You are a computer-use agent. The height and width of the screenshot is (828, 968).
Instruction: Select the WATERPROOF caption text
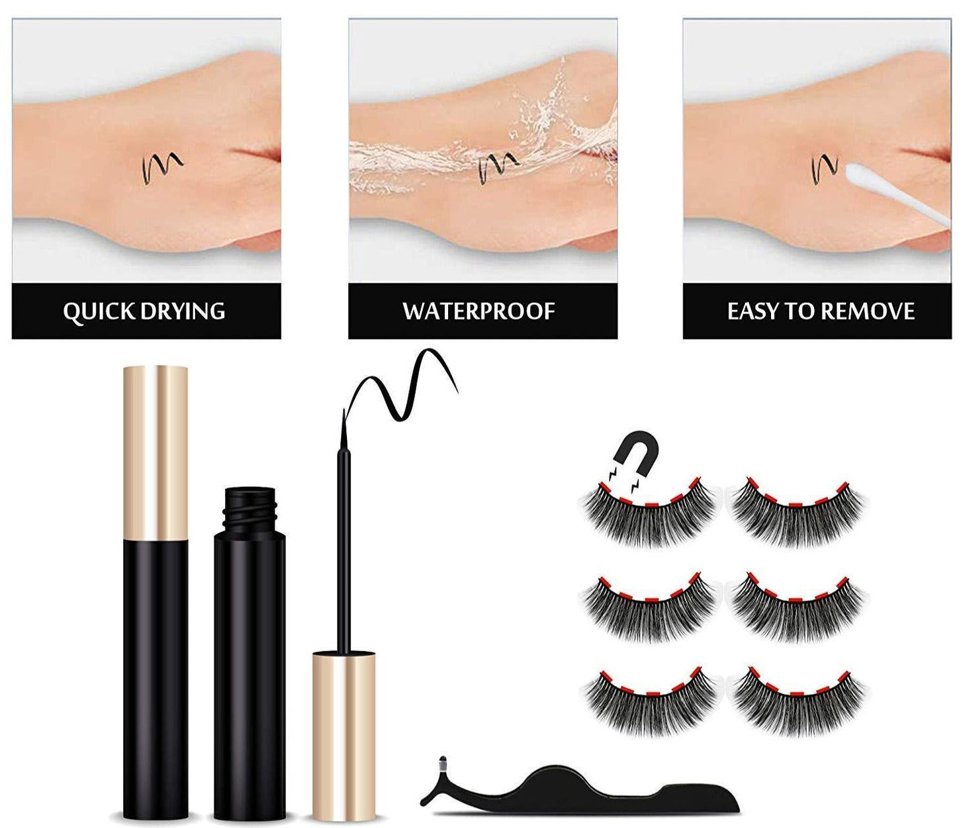point(479,312)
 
